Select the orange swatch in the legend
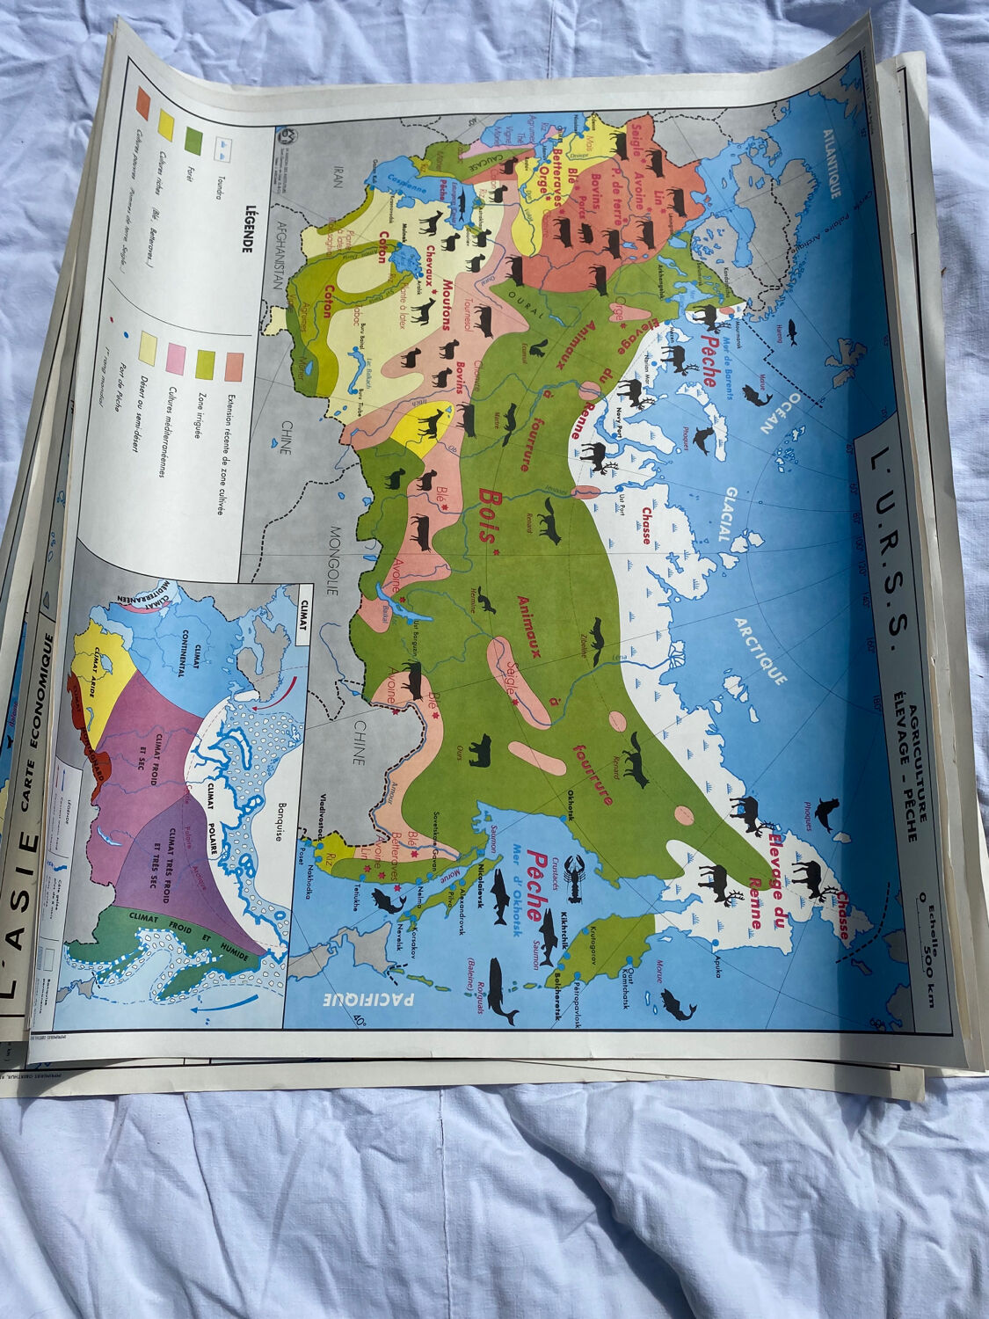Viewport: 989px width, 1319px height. [140, 104]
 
